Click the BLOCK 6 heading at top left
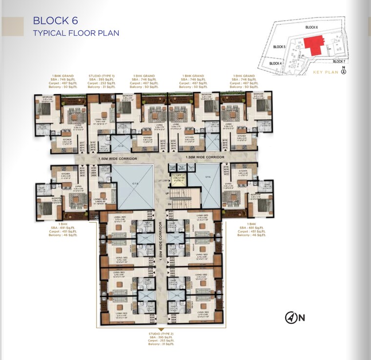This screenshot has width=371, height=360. point(55,21)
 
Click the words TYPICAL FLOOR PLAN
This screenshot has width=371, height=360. point(76,33)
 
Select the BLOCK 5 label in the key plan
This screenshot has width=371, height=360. point(279,47)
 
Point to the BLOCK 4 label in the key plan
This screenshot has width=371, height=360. point(275,64)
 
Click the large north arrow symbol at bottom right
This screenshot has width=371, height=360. point(291,318)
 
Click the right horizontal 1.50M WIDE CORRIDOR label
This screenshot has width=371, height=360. point(205,157)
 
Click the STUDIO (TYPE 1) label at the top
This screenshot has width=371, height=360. point(101,76)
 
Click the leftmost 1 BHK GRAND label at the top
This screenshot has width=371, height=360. point(63,76)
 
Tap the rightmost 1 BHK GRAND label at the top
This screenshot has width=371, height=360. point(244,76)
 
